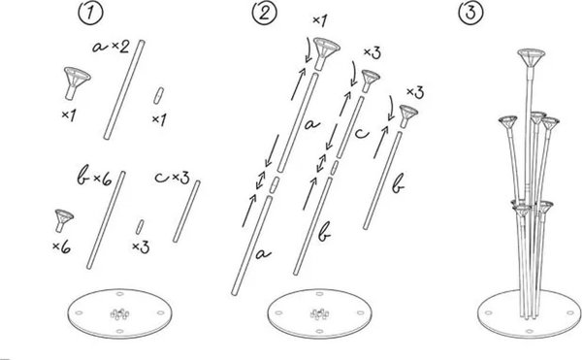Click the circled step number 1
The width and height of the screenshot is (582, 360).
tap(90, 14)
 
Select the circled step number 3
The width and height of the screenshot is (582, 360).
tap(470, 13)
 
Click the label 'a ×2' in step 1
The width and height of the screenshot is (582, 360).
tap(111, 47)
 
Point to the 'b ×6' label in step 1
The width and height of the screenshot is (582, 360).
tap(94, 178)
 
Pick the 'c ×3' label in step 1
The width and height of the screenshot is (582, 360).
tap(173, 178)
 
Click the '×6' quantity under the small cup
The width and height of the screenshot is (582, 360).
tap(62, 246)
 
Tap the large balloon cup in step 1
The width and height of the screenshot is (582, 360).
tap(76, 82)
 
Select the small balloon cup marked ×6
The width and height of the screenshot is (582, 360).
tap(63, 220)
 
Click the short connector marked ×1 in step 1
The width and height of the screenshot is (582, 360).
tap(158, 95)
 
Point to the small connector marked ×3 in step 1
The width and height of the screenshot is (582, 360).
tap(140, 227)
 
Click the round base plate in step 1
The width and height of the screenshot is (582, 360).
tap(119, 313)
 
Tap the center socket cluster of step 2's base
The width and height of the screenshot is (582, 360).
tap(319, 314)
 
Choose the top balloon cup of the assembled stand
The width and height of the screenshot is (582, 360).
tap(532, 57)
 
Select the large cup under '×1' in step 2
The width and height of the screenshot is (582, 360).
tap(325, 53)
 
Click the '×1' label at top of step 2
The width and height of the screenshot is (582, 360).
tap(319, 20)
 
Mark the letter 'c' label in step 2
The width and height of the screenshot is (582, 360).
tap(362, 133)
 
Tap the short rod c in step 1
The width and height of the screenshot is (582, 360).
tap(186, 212)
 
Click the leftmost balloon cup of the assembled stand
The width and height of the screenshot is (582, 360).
tap(507, 123)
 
